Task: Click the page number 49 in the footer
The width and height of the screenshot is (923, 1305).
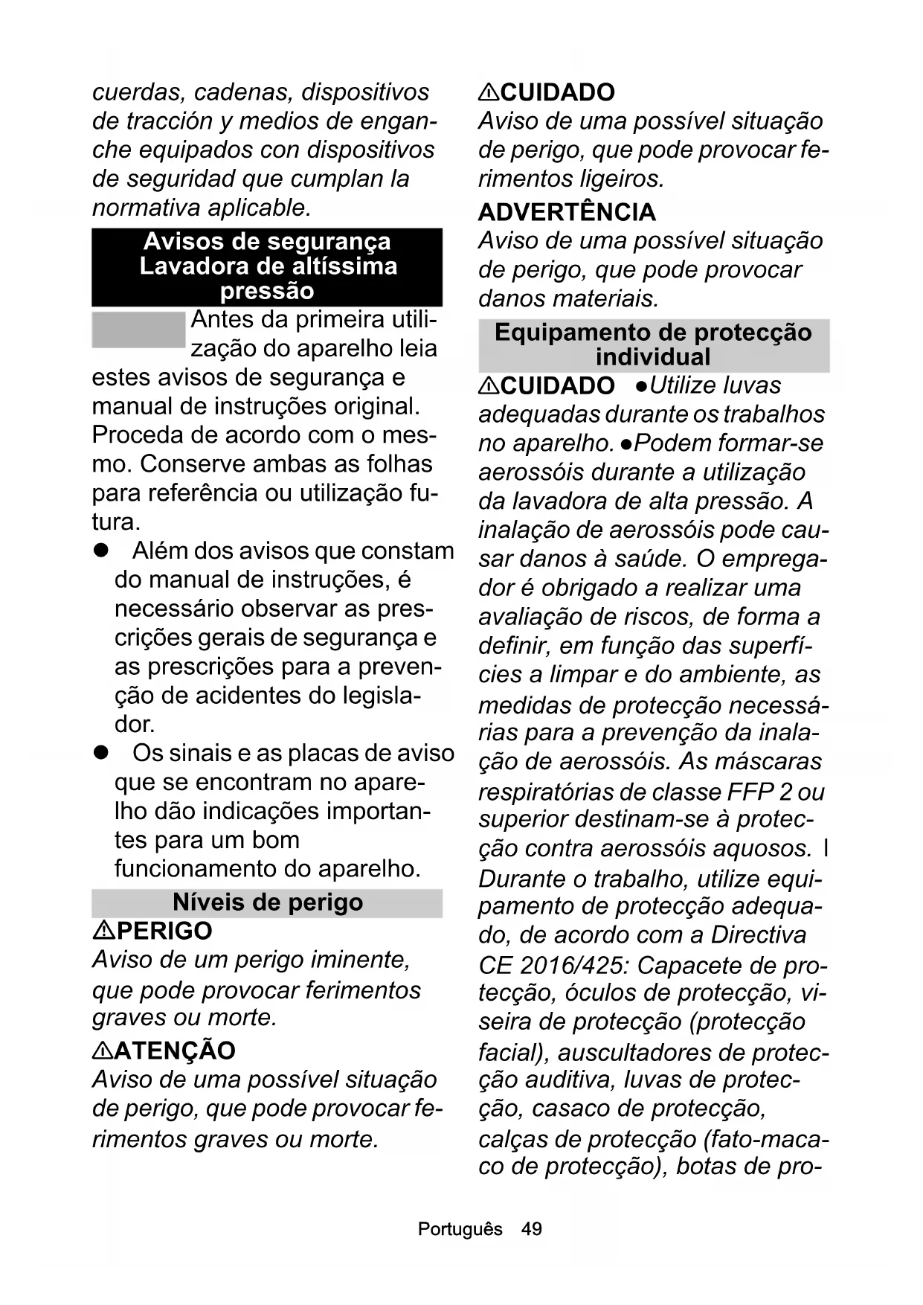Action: coord(532,1228)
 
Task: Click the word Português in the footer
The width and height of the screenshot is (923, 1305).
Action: coord(460,1228)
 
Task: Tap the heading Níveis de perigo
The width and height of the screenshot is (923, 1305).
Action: coord(267,902)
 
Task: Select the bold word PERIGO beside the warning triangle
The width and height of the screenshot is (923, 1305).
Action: coord(164,931)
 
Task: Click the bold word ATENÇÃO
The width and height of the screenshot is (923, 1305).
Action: coord(176,1051)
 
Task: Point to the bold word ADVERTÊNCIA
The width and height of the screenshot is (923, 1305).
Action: coord(567,212)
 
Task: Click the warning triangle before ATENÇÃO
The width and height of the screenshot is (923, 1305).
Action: coord(103,1051)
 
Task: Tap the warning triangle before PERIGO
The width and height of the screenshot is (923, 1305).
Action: coord(103,931)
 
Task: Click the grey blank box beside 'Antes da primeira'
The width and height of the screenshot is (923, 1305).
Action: coord(138,330)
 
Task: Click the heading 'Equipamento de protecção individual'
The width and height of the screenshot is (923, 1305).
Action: coord(653,344)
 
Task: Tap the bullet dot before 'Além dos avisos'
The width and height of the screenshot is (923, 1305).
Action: coord(100,551)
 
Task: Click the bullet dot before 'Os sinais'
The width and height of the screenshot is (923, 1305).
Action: coord(100,754)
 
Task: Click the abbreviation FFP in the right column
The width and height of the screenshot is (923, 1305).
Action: coord(753,791)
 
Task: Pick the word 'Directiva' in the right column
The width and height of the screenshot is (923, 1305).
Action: coord(758,935)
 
